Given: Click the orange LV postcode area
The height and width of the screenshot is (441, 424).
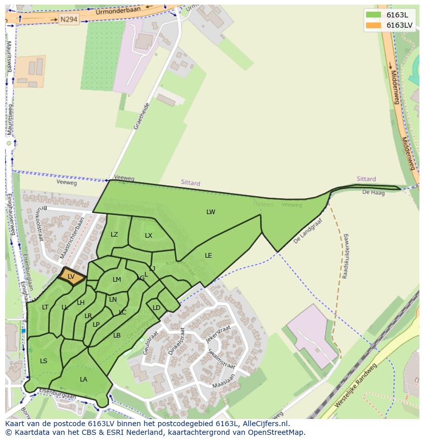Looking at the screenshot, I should tap(71, 277).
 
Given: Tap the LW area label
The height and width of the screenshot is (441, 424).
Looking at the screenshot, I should tap(211, 212).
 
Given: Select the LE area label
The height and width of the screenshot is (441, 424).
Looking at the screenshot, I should tap(208, 255).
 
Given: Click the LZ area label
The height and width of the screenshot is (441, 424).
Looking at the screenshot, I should tap(114, 235).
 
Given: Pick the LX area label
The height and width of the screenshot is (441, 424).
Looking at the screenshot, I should tap(149, 236).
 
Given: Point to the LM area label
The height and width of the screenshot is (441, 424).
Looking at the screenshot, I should tap(117, 280).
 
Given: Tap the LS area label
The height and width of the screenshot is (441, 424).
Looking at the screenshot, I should tap(44, 361).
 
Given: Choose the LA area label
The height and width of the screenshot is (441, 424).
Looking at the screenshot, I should tap(83, 380).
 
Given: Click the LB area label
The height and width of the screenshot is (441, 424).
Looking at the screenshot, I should tap(117, 335).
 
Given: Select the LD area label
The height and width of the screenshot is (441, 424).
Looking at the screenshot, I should tap(156, 308).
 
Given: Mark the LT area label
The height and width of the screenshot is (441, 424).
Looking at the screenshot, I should tap(45, 307).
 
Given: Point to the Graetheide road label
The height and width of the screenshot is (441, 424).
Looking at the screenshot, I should tap(141, 116).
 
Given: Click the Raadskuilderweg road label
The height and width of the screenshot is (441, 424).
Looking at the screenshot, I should tap(346, 256).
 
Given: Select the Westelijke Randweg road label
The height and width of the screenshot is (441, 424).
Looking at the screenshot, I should tap(355, 386).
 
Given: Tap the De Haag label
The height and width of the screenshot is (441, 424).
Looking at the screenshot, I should tap(373, 193).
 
